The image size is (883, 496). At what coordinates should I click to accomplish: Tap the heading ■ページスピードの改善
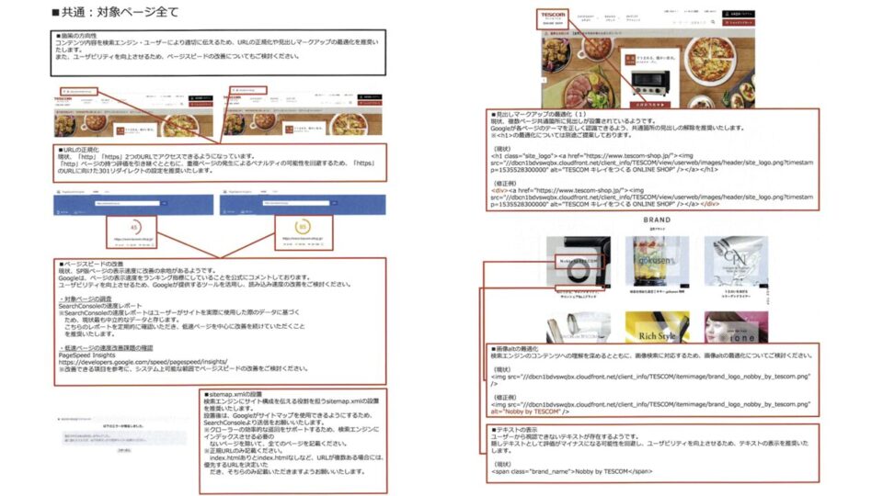(92, 264)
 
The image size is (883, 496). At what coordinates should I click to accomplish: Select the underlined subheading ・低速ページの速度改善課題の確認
(105, 346)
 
